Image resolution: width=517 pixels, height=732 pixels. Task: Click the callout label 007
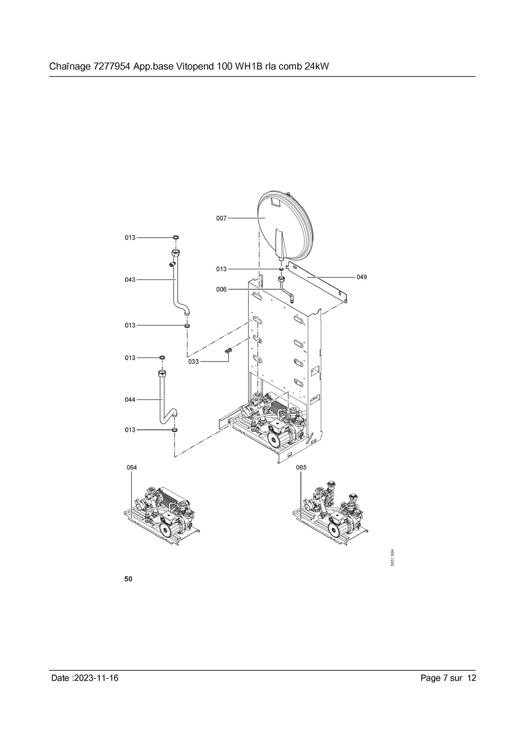pyautogui.click(x=221, y=218)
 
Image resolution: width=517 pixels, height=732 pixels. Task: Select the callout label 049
pyautogui.click(x=362, y=277)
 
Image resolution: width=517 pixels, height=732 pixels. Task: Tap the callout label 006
pyautogui.click(x=221, y=289)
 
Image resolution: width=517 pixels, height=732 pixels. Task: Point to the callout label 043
pyautogui.click(x=130, y=280)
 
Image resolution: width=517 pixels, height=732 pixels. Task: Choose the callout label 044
pyautogui.click(x=130, y=400)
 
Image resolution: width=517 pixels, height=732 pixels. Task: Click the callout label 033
pyautogui.click(x=193, y=362)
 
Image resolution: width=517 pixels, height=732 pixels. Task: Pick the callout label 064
pyautogui.click(x=132, y=467)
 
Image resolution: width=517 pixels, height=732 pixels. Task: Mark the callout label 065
pyautogui.click(x=301, y=467)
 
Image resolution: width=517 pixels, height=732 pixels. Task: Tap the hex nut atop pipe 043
pyautogui.click(x=175, y=253)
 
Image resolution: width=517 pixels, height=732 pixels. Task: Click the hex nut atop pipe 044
pyautogui.click(x=162, y=373)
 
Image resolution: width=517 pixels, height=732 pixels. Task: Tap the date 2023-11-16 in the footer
pyautogui.click(x=96, y=678)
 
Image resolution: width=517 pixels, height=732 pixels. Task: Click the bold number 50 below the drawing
pyautogui.click(x=128, y=579)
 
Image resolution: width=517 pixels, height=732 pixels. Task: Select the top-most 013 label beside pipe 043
pyautogui.click(x=130, y=238)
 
